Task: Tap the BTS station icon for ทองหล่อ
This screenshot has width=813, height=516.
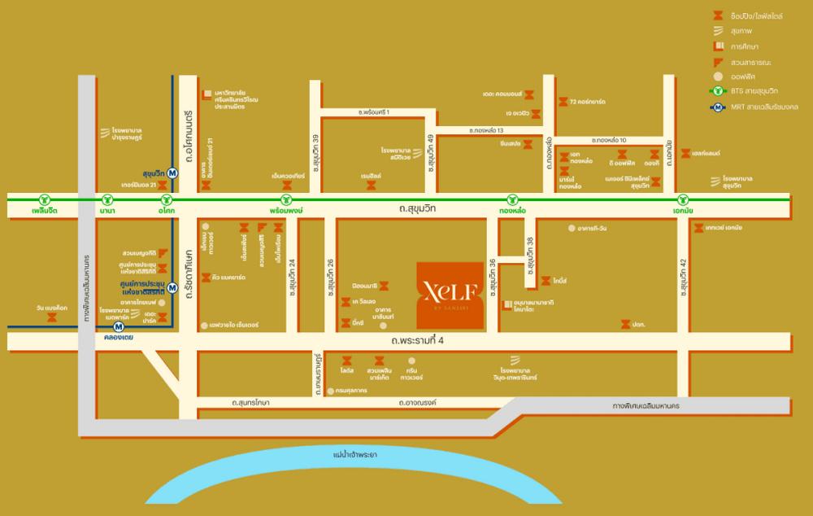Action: (x=511, y=199)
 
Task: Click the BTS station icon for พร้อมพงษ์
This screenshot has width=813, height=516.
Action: (x=285, y=199)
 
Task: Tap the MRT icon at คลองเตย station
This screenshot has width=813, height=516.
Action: (x=119, y=326)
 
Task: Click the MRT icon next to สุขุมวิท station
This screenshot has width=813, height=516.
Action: (x=172, y=173)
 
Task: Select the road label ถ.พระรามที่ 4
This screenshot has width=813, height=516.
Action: (x=417, y=340)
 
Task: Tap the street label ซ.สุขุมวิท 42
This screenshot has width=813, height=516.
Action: (x=682, y=281)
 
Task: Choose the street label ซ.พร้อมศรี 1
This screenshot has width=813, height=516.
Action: (x=374, y=112)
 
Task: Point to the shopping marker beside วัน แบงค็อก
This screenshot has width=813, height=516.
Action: (x=52, y=319)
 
